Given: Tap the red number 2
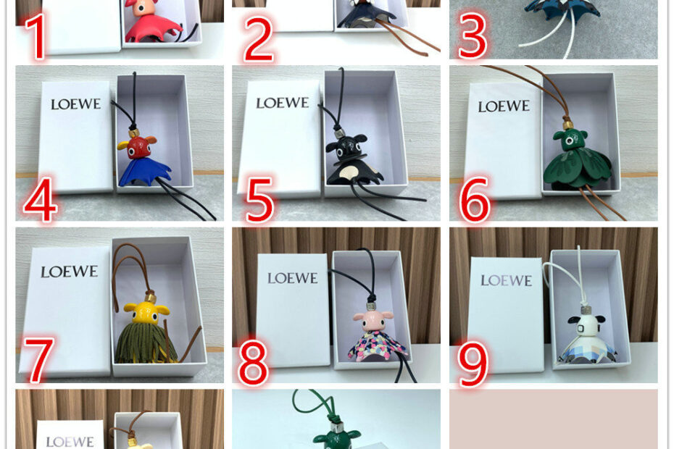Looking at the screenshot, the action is coord(259,40).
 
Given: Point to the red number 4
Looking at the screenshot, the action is coord(41,199).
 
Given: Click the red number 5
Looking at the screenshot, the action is coord(260,200).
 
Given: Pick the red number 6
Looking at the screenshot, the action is coord(475,199).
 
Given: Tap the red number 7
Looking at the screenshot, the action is coord(38,359).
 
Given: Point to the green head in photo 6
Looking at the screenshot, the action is coord(570,140).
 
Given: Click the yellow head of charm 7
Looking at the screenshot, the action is coord(146,313).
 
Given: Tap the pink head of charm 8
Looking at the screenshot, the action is coord(373,321).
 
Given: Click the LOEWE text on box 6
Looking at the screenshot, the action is coord(504,106).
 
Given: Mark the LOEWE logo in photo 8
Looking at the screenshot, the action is coord(293,278).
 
